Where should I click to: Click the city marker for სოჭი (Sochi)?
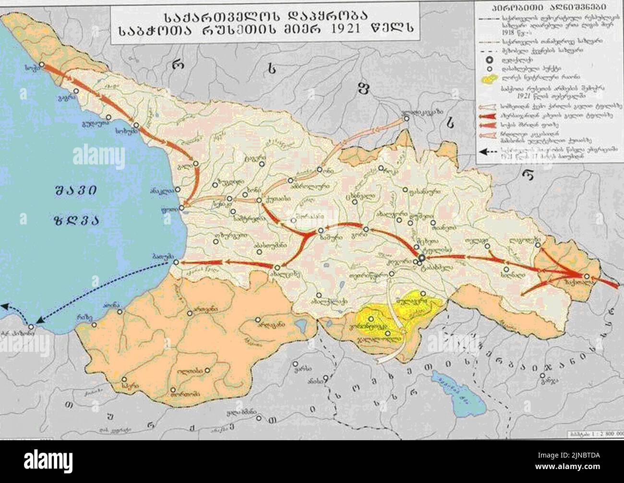pyautogui.click(x=42, y=64)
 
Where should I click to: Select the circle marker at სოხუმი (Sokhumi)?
pyautogui.click(x=136, y=125)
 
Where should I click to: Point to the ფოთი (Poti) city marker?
pyautogui.click(x=181, y=208)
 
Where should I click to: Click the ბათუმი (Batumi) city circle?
pyautogui.click(x=176, y=262)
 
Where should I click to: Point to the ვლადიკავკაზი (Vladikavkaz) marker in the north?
pyautogui.click(x=406, y=119)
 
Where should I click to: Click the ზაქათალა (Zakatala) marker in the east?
pyautogui.click(x=587, y=276)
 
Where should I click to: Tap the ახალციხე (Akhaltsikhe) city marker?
pyautogui.click(x=277, y=267)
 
